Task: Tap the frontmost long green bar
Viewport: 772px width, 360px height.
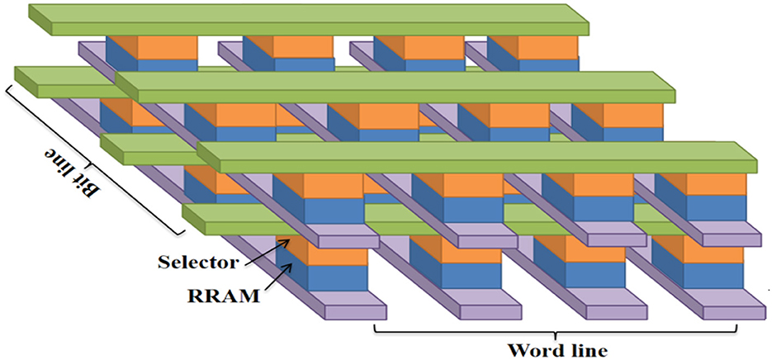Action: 479,157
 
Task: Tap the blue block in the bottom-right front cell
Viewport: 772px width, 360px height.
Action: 699,275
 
